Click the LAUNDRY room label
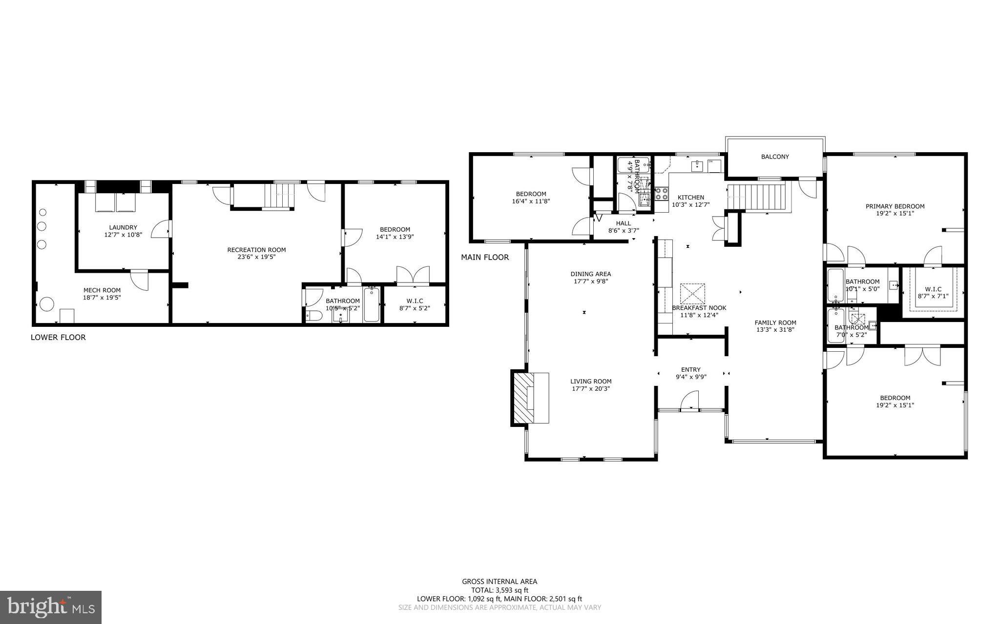pos(123,227)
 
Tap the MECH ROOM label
pos(102,290)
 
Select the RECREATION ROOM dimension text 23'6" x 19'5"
pos(256,257)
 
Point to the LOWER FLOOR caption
pos(58,337)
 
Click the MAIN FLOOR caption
pos(485,257)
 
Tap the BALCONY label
pos(775,157)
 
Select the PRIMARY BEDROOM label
pos(895,206)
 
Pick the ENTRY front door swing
pos(689,402)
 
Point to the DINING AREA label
pos(591,274)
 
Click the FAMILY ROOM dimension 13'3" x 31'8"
pos(775,330)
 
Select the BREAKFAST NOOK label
pos(699,308)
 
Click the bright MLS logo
pos(51,607)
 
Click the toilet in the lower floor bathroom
pos(313,317)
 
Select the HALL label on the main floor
pos(623,223)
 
